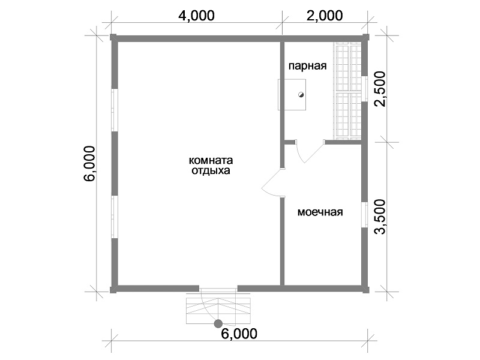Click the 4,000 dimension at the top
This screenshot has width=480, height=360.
point(196,16)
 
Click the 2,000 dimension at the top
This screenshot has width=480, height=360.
point(325,16)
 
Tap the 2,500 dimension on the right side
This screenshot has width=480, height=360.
point(380,89)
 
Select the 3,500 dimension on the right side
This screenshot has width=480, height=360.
point(380,217)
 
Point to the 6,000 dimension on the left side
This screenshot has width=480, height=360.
point(90,164)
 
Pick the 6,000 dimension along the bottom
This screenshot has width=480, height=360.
point(239,334)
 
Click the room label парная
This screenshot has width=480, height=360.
point(308,66)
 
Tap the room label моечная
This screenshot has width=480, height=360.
point(320,212)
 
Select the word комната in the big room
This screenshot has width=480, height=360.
point(211,160)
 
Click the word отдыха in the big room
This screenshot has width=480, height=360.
point(211,170)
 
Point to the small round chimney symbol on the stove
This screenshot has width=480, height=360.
point(301,95)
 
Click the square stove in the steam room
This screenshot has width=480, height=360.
point(292,95)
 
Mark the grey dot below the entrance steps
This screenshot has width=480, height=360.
point(218,323)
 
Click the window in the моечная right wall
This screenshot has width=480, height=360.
point(365,215)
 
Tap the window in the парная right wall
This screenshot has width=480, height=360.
point(365,88)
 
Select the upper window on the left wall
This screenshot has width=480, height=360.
point(114,110)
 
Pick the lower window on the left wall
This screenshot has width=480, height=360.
point(114,217)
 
